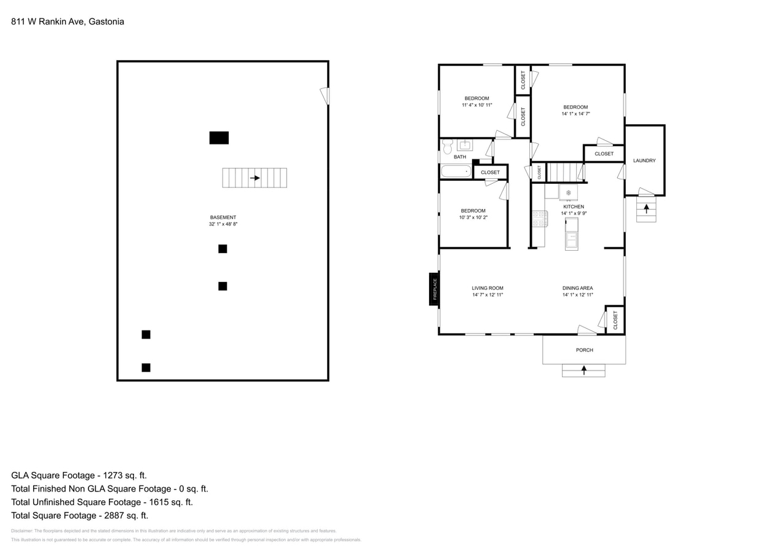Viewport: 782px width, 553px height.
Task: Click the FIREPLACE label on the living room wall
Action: pos(434,289)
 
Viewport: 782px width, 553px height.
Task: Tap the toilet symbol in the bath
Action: pos(447,146)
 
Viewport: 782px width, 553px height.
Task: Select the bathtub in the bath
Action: pos(456,171)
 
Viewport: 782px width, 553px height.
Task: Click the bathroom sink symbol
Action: pos(465,145)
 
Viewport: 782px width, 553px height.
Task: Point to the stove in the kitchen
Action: pos(540,219)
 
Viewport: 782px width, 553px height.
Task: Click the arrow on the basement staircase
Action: pos(255,178)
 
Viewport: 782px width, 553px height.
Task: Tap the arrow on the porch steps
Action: pos(583,370)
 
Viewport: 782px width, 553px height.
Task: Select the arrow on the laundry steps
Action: pos(646,208)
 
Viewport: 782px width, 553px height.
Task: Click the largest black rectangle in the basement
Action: pos(219,138)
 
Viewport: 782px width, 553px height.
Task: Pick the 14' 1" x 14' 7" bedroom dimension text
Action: pos(575,114)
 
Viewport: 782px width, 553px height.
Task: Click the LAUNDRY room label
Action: pos(644,160)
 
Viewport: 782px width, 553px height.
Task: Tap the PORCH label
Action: pos(584,350)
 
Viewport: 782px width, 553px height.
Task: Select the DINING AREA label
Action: pos(577,288)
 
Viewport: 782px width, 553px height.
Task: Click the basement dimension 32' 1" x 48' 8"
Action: pos(223,224)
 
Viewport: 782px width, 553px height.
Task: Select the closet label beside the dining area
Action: pos(615,320)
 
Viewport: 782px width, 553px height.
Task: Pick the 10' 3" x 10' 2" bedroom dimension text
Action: pos(473,218)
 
